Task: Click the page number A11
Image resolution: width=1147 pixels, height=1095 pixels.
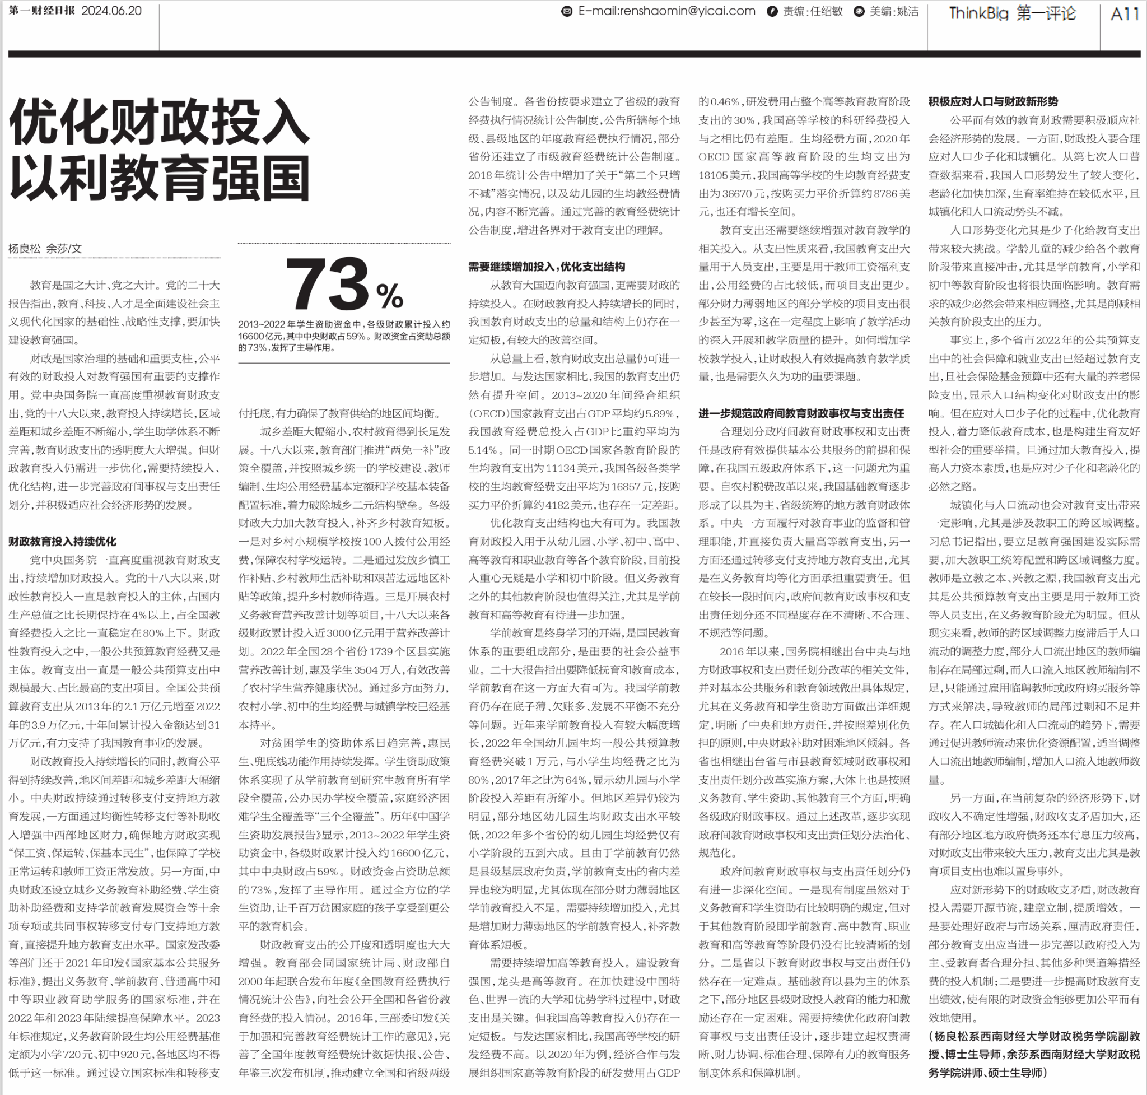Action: click(1124, 13)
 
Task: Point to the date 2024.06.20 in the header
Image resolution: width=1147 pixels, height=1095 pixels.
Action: click(111, 11)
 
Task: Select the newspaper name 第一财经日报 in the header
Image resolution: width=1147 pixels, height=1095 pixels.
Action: click(42, 11)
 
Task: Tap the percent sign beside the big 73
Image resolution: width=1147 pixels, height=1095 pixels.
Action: click(390, 296)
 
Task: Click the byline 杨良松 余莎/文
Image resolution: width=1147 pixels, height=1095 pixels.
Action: click(45, 249)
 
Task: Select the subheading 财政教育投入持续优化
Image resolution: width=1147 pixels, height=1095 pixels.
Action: click(63, 542)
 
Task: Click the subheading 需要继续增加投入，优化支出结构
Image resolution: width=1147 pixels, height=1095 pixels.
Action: click(547, 267)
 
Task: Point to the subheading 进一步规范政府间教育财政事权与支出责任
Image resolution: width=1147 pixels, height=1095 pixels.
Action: click(801, 414)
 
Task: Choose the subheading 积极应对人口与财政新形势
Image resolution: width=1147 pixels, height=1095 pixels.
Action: click(993, 101)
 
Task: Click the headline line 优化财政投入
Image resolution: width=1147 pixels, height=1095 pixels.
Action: click(158, 123)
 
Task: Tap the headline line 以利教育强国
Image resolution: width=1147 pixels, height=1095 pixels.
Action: click(158, 179)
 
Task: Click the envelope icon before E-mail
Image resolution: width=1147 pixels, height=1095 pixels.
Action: click(566, 12)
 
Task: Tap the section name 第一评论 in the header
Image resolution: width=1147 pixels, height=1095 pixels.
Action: click(1046, 13)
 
